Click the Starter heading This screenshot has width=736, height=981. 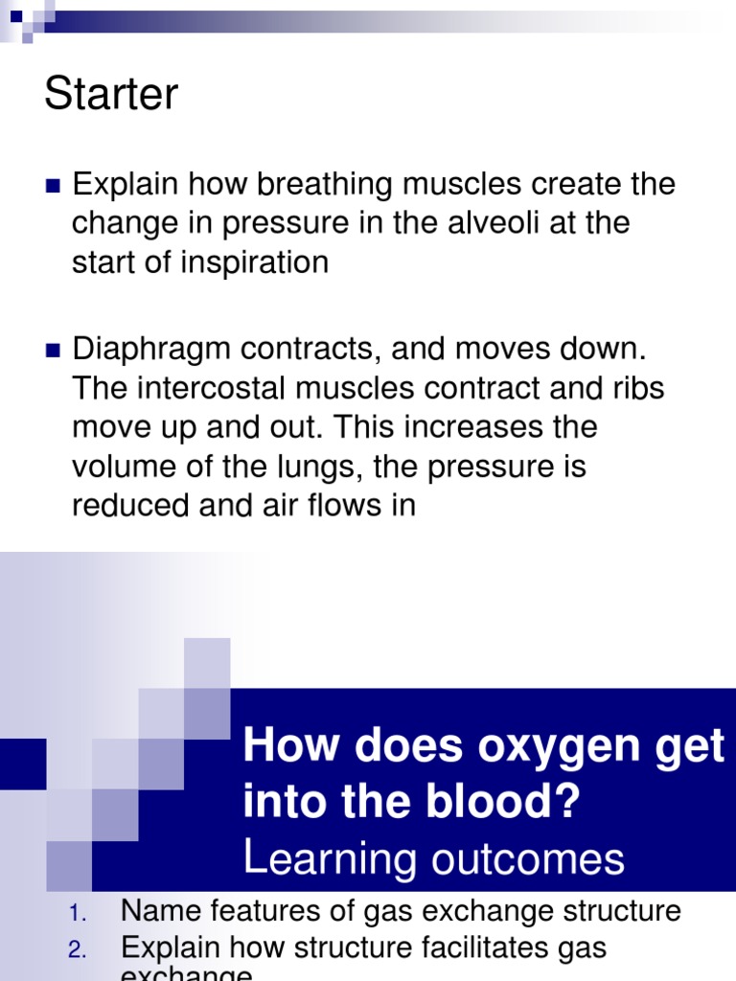(x=111, y=95)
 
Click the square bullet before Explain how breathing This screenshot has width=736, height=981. (x=53, y=185)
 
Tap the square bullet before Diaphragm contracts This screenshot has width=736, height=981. (x=53, y=350)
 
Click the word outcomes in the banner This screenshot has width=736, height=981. (x=529, y=858)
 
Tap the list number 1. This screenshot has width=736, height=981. (x=78, y=913)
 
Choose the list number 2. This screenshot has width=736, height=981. (x=78, y=950)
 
